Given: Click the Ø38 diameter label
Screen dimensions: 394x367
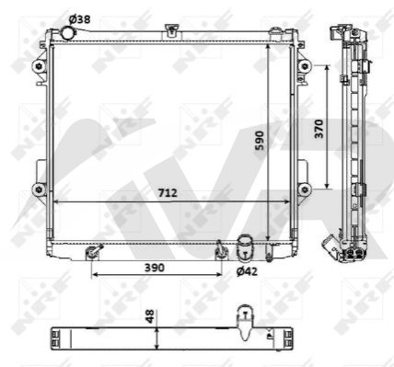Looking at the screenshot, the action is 79,19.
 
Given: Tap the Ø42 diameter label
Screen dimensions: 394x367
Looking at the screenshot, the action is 247,271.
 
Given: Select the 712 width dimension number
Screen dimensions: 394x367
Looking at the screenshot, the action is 168,193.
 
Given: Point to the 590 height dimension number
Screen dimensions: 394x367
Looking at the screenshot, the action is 260,141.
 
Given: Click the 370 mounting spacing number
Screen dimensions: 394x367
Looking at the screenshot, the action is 319,129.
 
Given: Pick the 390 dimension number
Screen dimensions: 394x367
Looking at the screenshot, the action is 155,268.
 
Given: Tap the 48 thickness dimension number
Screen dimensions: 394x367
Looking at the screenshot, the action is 150,316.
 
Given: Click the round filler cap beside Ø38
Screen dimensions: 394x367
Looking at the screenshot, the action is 67,33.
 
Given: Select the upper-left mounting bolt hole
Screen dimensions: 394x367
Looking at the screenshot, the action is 39,66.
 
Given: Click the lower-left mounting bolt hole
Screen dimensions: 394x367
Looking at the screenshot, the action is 39,189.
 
